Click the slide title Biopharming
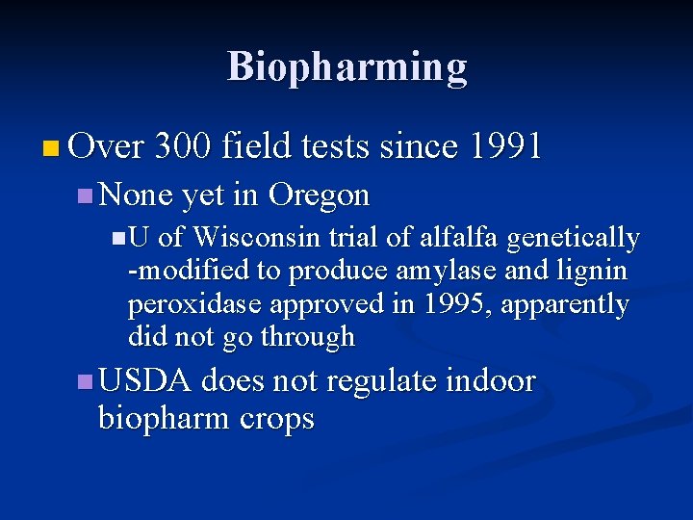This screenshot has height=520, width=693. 346,67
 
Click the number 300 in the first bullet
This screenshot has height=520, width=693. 183,146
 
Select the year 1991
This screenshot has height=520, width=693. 504,146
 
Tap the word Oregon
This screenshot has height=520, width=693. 319,195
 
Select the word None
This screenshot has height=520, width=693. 136,195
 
